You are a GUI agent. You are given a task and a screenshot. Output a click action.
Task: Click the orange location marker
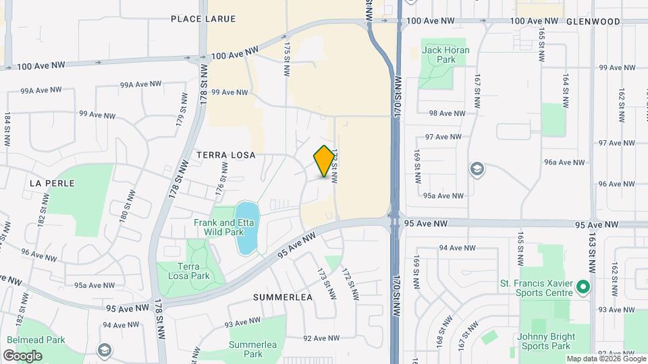click(325, 161)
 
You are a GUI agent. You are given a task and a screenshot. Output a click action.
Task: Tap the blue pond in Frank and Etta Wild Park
click(246, 228)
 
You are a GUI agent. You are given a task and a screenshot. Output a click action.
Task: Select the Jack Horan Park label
click(439, 54)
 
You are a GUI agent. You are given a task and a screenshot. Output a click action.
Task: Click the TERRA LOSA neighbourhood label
click(226, 155)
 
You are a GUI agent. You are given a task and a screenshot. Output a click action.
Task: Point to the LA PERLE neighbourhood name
click(52, 183)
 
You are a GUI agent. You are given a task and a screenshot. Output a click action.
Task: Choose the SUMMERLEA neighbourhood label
click(283, 297)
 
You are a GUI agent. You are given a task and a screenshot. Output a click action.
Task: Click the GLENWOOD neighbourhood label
click(593, 22)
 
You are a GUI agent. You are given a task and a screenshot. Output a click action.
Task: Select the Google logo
click(22, 355)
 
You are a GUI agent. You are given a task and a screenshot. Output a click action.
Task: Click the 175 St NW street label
click(287, 53)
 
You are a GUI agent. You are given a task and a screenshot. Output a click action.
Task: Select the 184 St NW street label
click(7, 130)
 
